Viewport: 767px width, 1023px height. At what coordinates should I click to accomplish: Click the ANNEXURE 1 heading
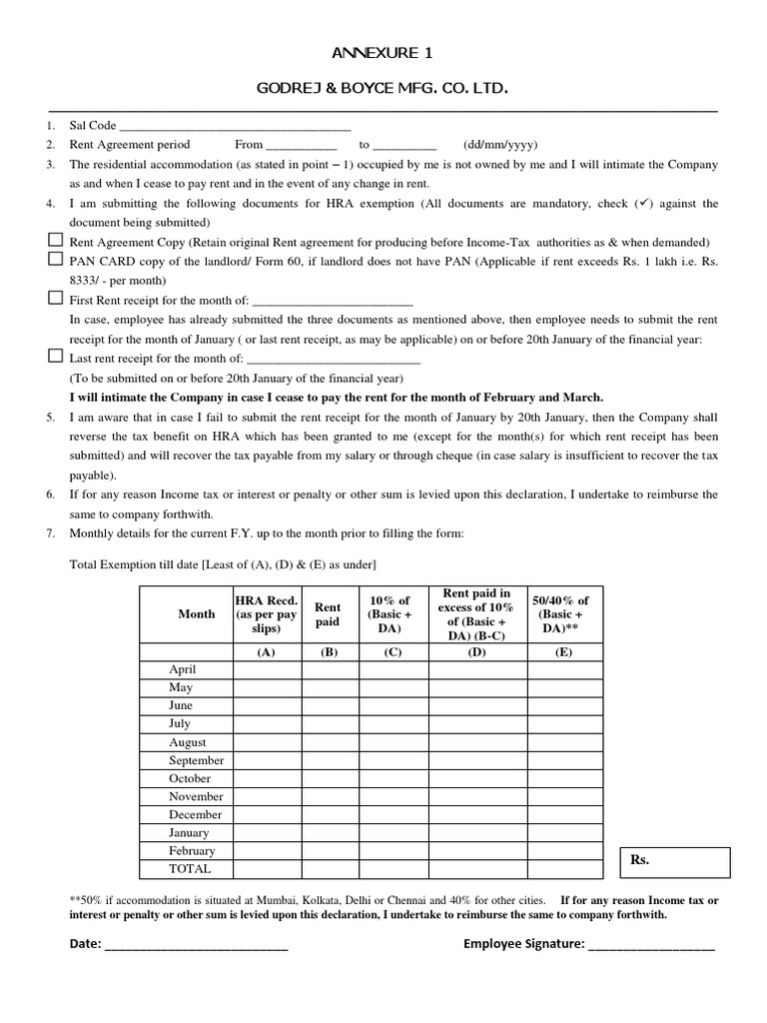point(383,53)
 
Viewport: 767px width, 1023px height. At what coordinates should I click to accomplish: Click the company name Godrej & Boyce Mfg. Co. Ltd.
point(383,90)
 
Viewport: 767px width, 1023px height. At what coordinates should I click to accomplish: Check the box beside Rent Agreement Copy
point(55,241)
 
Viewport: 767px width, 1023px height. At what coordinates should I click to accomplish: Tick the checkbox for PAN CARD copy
point(55,260)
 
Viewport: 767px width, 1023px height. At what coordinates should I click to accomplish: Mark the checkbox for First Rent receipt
point(55,298)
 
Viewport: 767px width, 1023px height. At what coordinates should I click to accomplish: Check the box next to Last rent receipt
point(55,357)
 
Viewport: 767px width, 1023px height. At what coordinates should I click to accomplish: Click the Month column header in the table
point(196,614)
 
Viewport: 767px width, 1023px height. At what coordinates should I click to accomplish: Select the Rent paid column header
point(328,614)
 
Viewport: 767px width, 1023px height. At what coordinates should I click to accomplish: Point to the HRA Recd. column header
point(266,614)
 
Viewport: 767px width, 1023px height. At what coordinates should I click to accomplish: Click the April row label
point(183,669)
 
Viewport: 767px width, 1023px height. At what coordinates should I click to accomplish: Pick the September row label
point(197,760)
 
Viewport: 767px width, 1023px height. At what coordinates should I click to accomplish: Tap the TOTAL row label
point(190,868)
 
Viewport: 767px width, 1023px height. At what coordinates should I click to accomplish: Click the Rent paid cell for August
point(328,742)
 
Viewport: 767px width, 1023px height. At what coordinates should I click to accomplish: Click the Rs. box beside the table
point(676,861)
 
